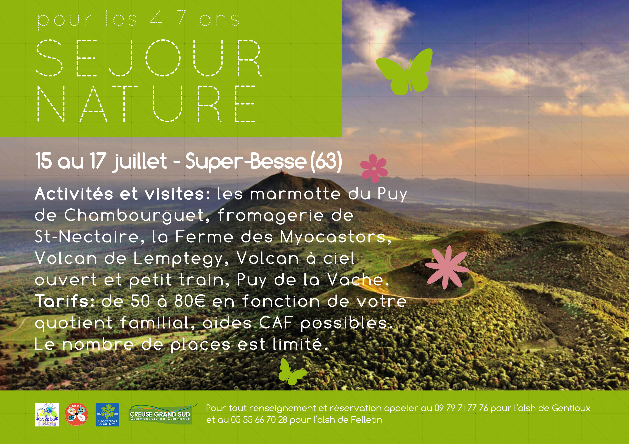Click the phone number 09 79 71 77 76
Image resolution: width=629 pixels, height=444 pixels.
(x=461, y=408)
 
